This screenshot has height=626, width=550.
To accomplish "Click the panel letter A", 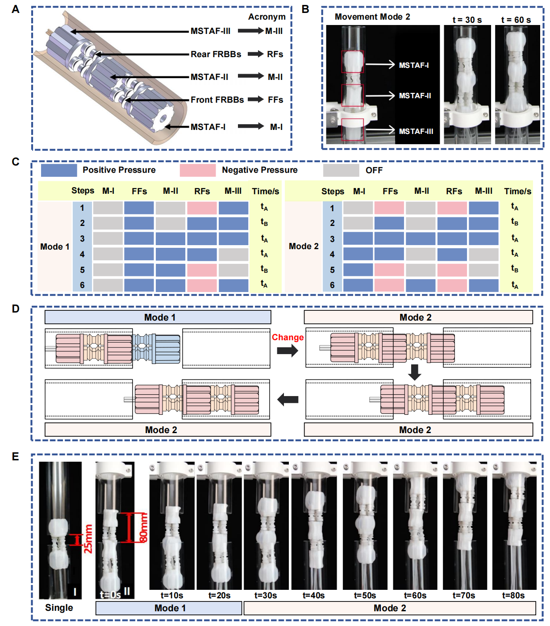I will (x=16, y=9).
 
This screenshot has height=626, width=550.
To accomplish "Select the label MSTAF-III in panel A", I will (x=210, y=31).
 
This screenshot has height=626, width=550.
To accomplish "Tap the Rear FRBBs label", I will (x=216, y=54).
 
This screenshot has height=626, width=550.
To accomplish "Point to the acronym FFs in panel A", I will (x=275, y=100).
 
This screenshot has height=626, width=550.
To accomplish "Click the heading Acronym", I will (x=267, y=17).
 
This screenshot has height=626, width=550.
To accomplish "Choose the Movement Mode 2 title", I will (x=372, y=17).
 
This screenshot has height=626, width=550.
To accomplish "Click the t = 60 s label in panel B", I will (x=516, y=20).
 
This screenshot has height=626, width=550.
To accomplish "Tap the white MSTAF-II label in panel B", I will (x=415, y=96).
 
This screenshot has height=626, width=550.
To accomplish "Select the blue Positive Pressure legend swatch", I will (x=58, y=170).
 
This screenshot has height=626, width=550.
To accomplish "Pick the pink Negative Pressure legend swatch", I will (x=197, y=170).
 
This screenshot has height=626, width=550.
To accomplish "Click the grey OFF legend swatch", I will (x=341, y=170).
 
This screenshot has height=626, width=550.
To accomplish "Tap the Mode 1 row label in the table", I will (x=54, y=247).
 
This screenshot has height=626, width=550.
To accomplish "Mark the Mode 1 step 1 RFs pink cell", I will (x=202, y=208).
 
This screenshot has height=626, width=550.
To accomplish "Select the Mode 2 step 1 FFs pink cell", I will (x=389, y=208).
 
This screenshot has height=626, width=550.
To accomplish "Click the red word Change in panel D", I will (x=287, y=338).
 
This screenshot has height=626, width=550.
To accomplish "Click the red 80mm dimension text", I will (x=143, y=527).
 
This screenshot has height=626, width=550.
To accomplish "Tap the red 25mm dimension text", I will (x=88, y=539).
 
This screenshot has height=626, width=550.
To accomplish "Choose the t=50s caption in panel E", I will (x=365, y=596).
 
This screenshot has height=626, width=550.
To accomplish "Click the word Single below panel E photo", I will (x=59, y=608).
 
